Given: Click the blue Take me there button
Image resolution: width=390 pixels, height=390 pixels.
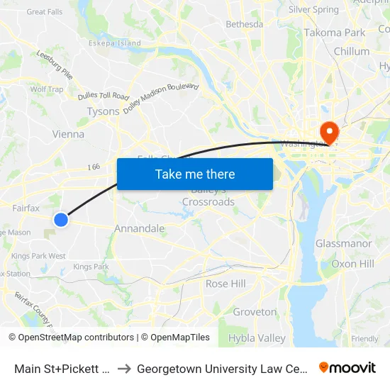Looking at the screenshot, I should pyautogui.click(x=194, y=174).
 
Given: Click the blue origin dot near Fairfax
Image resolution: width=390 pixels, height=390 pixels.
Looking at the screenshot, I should pyautogui.click(x=61, y=220).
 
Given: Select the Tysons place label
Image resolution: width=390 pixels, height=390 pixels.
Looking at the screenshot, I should pyautogui.click(x=103, y=111).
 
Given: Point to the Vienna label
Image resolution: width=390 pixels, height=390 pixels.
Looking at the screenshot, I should pyautogui.click(x=68, y=134).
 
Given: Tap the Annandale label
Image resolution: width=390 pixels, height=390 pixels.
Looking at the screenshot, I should pyautogui.click(x=140, y=229).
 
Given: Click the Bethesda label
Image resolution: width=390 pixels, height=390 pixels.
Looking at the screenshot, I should pyautogui.click(x=244, y=24).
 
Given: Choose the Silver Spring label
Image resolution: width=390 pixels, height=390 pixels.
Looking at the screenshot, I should pyautogui.click(x=313, y=10).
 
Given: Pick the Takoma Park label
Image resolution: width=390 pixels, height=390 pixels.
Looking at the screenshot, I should pyautogui.click(x=335, y=33).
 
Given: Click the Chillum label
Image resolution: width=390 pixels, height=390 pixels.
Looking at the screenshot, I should pyautogui.click(x=351, y=51).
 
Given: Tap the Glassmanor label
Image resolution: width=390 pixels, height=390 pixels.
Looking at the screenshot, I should pyautogui.click(x=343, y=244).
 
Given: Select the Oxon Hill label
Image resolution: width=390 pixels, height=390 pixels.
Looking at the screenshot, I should pyautogui.click(x=352, y=264).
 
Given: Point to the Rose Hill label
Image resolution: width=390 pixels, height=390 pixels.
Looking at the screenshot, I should pyautogui.click(x=225, y=284).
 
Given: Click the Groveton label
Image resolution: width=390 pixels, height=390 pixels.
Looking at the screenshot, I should pyautogui.click(x=255, y=312).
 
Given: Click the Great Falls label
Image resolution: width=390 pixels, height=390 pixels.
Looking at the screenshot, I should pyautogui.click(x=45, y=12).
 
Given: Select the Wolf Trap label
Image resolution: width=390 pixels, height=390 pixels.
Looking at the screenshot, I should pyautogui.click(x=47, y=89).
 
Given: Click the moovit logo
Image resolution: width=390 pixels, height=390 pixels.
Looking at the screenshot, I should pyautogui.click(x=347, y=367).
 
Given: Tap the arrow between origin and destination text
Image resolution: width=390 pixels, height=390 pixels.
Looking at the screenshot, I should pyautogui.click(x=124, y=368).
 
